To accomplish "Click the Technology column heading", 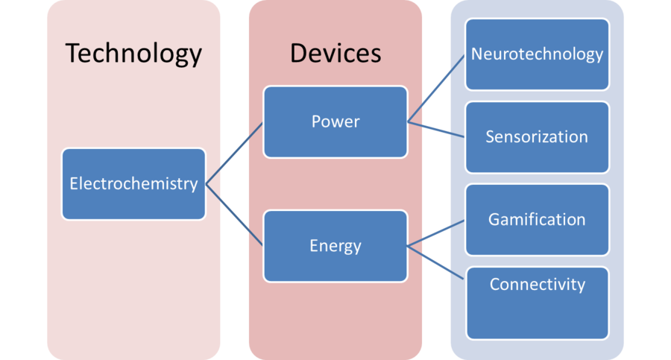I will point(133,54).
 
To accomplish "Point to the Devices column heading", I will point(335,54).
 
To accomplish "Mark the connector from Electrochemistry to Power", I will point(234,153).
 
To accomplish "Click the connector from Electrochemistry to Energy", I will point(234,214).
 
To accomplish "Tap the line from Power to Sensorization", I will point(437,129).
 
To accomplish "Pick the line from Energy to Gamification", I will point(437,233).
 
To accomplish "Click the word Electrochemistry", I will point(133,183).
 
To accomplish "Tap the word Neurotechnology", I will point(537,54).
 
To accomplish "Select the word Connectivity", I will point(537,284).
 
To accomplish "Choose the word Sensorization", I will point(537,137).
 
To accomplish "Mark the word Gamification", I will point(537,220).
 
